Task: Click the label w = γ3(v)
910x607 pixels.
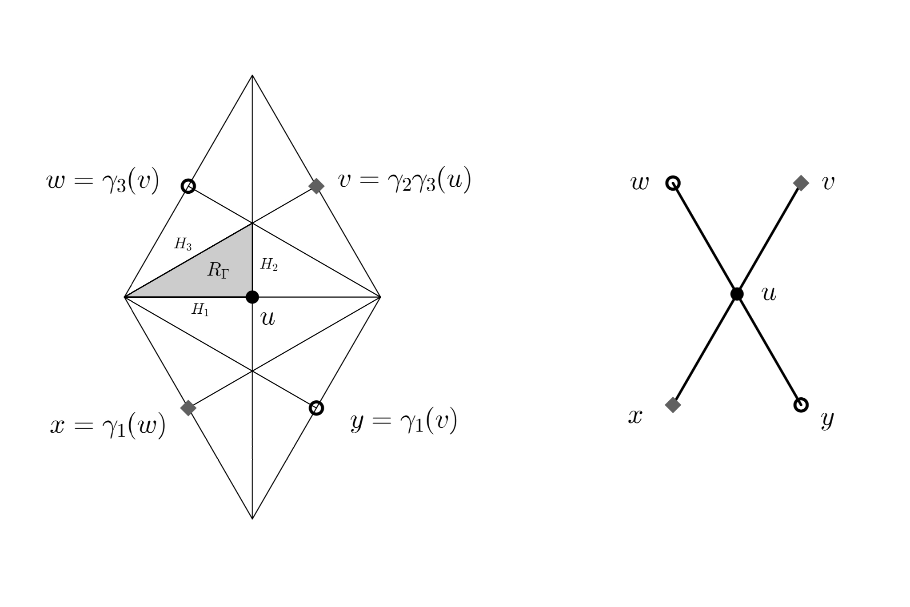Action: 103,182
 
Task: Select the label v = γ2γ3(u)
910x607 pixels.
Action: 404,181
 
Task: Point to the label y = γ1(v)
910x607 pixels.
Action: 403,422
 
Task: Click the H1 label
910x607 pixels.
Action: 200,310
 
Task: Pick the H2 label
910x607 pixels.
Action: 269,265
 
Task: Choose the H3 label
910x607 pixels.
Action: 183,244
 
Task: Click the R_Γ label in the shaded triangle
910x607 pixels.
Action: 218,270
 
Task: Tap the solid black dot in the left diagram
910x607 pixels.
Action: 252,296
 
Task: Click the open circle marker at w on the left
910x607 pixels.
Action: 188,186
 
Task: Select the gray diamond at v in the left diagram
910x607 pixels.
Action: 316,186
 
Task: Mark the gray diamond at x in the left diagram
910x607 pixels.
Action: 188,407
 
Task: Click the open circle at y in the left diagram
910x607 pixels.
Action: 316,407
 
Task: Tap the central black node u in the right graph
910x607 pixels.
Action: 737,294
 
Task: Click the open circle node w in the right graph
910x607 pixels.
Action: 673,183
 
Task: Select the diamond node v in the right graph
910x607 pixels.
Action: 801,183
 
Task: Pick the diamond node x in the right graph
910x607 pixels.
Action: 673,404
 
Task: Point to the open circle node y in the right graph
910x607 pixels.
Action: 801,404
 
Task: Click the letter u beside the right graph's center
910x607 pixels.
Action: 769,294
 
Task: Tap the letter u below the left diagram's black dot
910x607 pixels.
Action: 268,318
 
